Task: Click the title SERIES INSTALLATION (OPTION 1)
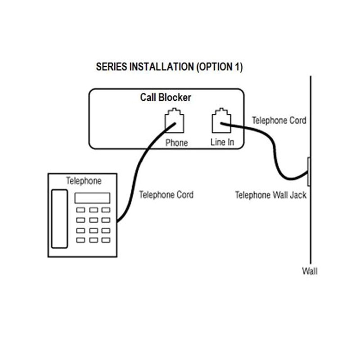(169, 67)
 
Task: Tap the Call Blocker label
(166, 97)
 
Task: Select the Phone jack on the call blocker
(175, 120)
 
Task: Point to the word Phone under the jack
(176, 143)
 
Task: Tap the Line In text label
(222, 143)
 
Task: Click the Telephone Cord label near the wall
(279, 121)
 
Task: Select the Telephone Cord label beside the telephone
(166, 195)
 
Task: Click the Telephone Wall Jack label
(271, 195)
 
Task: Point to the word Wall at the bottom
(310, 271)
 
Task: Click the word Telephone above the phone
(84, 181)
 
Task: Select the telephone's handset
(59, 219)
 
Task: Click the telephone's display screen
(92, 198)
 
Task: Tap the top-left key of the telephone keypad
(81, 210)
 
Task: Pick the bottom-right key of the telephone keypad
(105, 240)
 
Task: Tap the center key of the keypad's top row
(93, 210)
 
